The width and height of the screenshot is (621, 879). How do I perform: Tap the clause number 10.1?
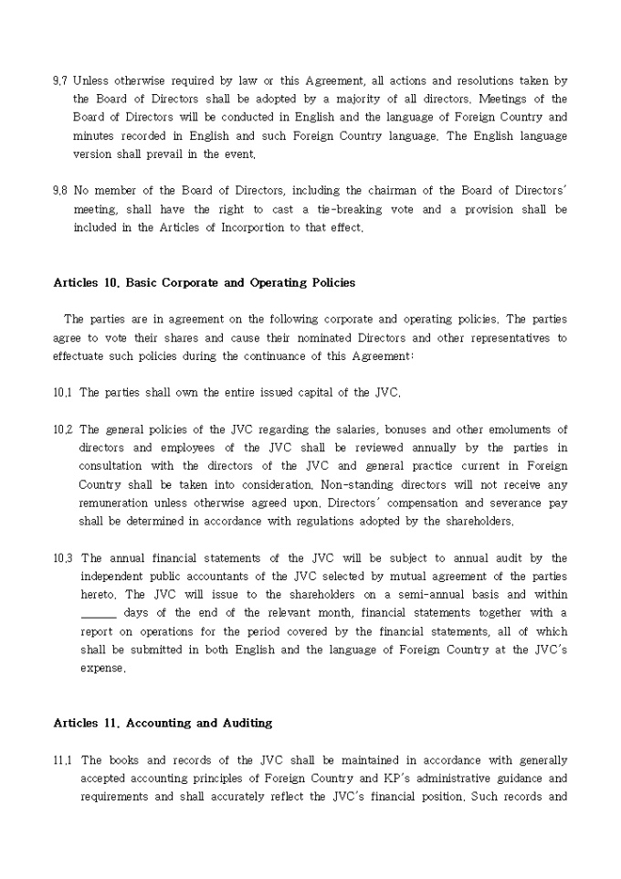[x=62, y=393]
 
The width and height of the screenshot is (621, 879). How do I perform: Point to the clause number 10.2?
[x=62, y=429]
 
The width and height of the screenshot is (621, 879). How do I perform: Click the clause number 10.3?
[x=62, y=558]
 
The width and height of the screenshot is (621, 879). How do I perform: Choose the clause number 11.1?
[x=62, y=760]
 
